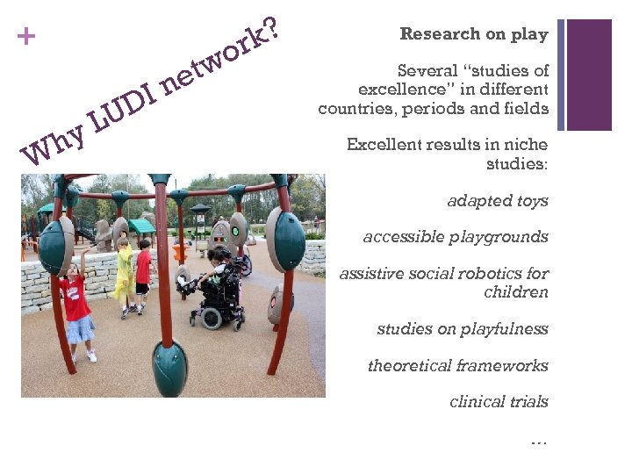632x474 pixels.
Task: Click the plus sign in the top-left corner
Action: [x=28, y=37]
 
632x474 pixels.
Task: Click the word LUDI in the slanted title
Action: [x=123, y=106]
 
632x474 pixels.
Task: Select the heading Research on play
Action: [x=474, y=34]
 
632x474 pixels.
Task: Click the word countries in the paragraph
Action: [x=350, y=109]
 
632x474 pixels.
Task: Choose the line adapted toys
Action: [x=498, y=201]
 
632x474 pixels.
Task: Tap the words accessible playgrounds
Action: [x=456, y=237]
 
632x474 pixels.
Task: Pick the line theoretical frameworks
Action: [x=457, y=366]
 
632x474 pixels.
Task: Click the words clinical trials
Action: [x=499, y=402]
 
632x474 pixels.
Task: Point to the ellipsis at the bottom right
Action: [x=539, y=440]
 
